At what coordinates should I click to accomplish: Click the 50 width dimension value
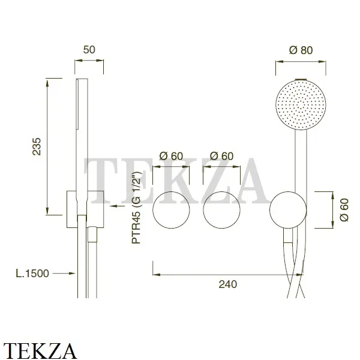pyautogui.click(x=89, y=50)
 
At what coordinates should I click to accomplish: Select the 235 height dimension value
pyautogui.click(x=37, y=146)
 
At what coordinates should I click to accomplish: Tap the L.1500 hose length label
pyautogui.click(x=32, y=274)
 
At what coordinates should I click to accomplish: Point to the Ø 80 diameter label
pyautogui.click(x=301, y=50)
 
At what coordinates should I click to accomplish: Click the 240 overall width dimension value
pyautogui.click(x=228, y=284)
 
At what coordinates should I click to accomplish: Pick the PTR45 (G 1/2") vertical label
pyautogui.click(x=136, y=208)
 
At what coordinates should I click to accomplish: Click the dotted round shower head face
pyautogui.click(x=301, y=104)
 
